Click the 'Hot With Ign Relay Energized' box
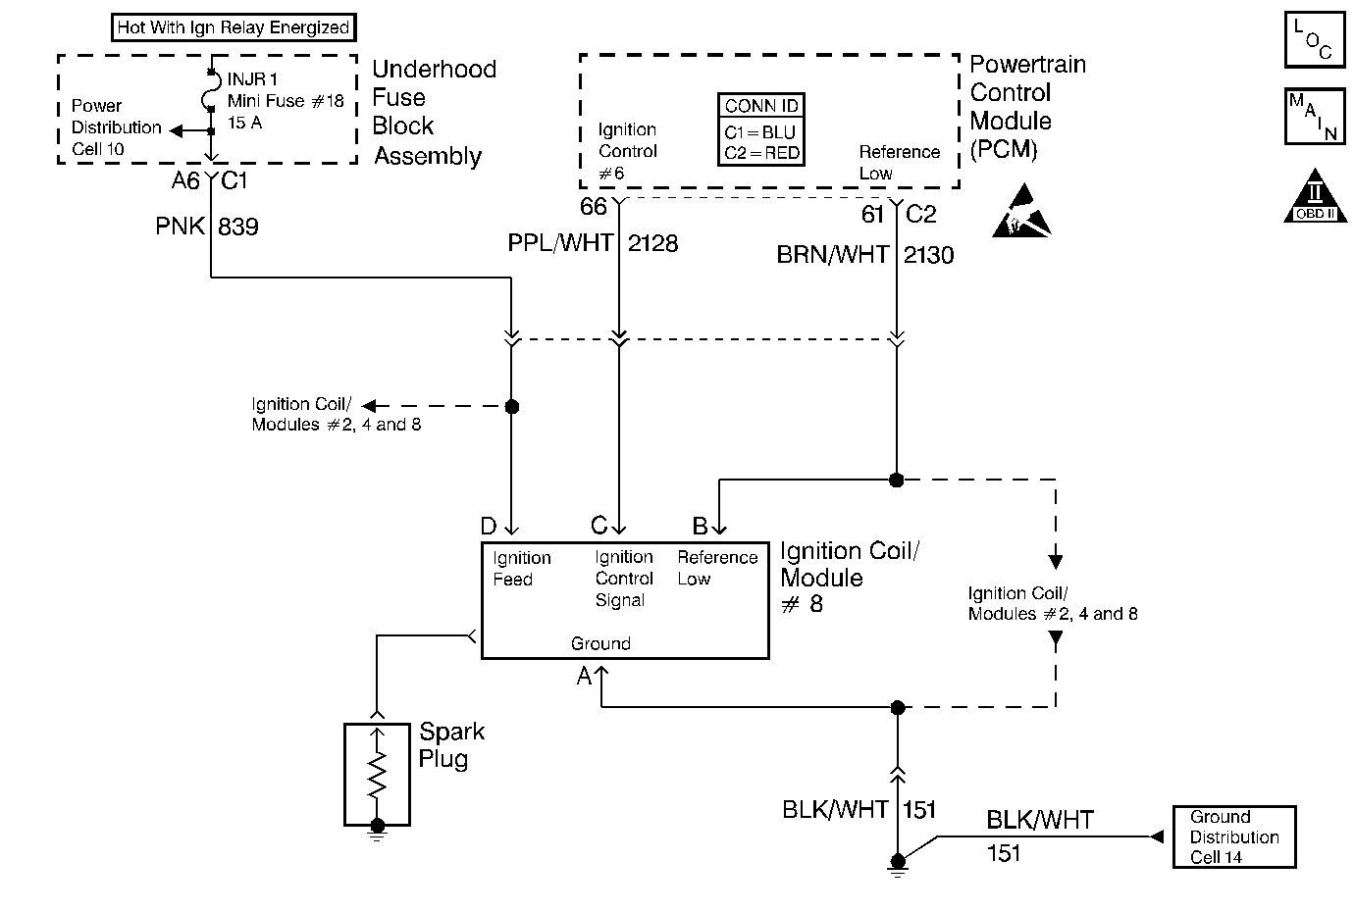tap(233, 27)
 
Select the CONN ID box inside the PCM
tap(761, 129)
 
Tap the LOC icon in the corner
tap(1314, 41)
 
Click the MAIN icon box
tap(1314, 117)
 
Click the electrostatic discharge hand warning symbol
tap(1021, 212)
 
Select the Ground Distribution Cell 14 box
tap(1233, 836)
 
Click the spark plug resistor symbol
tap(377, 774)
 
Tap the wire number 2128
tap(652, 243)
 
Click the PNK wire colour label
tap(180, 227)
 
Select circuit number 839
tap(237, 227)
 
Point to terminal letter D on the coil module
tap(488, 527)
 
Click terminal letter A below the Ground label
tap(584, 676)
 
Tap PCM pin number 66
tap(594, 207)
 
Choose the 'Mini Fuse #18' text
tap(286, 101)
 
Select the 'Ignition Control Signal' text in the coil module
tap(624, 579)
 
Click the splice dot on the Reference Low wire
tap(896, 480)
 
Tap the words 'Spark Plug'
tap(451, 744)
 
